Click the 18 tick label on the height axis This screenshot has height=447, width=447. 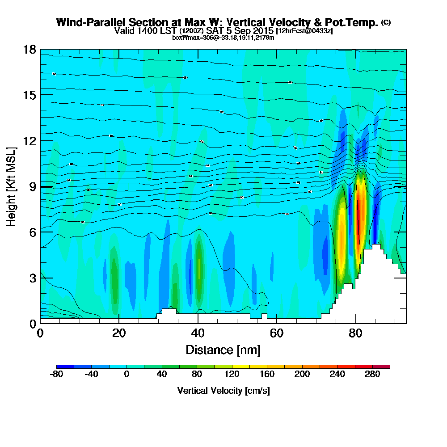pos(29,49)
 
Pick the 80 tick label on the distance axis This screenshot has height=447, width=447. pos(356,333)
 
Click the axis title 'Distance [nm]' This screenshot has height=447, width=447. pos(223,350)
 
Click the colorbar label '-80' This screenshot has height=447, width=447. pos(56,374)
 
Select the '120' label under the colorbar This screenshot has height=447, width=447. pos(232,374)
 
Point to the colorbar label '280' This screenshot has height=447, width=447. pos(372,374)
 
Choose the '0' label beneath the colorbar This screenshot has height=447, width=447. pos(127,374)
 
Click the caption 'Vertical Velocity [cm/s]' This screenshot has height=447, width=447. pos(223,391)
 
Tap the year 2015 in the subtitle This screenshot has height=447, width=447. pos(262,31)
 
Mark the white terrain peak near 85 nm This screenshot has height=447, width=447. pos(376,250)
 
